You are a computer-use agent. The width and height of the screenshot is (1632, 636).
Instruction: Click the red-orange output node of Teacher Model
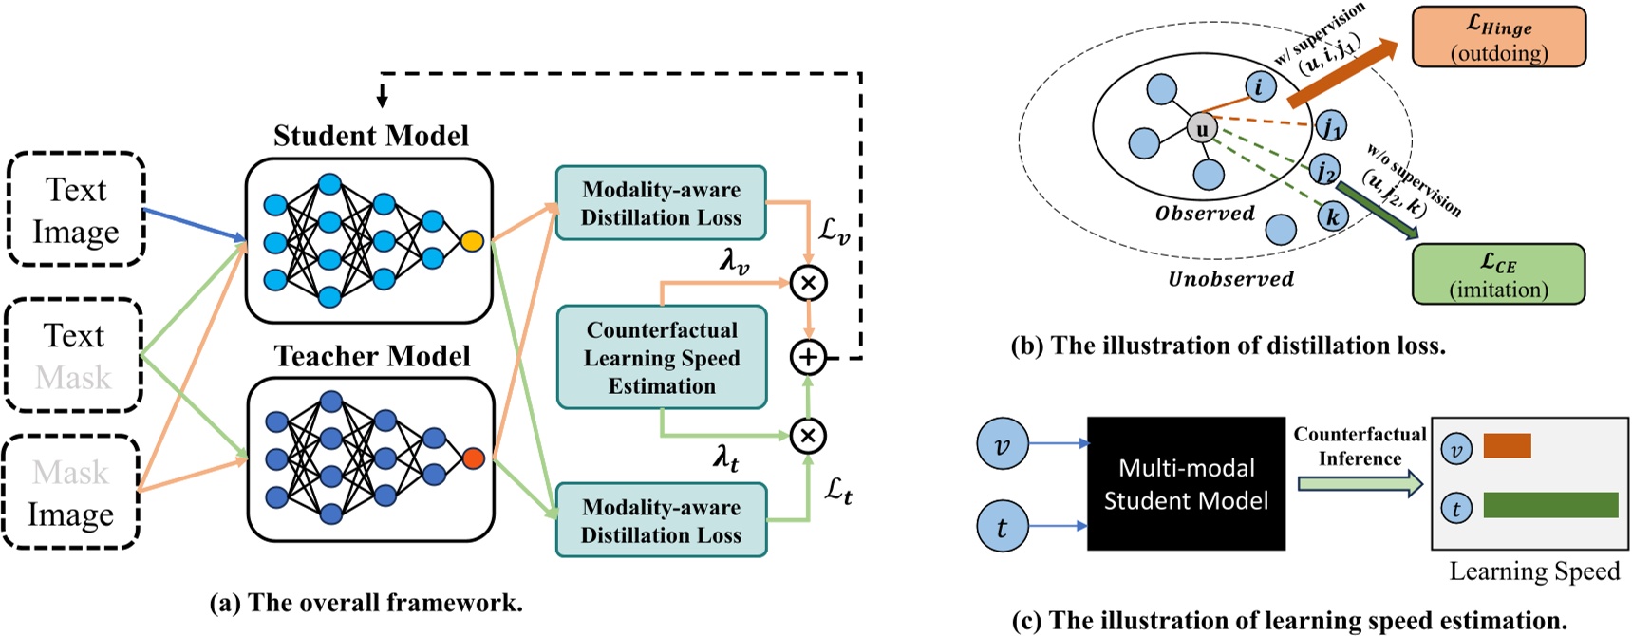click(x=473, y=459)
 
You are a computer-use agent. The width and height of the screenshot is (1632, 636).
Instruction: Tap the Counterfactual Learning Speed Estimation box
click(x=662, y=358)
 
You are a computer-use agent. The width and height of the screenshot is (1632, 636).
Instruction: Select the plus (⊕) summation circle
click(x=808, y=358)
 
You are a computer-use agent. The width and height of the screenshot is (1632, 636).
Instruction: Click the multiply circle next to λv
click(x=808, y=283)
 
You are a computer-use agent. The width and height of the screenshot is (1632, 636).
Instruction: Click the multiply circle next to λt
click(x=808, y=436)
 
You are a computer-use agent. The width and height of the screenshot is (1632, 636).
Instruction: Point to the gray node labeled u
click(x=1202, y=128)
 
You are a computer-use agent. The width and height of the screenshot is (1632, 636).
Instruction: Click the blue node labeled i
click(x=1259, y=86)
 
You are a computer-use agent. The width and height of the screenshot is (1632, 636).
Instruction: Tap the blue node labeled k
click(x=1333, y=216)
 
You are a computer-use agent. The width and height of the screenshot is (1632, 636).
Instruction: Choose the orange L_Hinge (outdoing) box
click(x=1498, y=37)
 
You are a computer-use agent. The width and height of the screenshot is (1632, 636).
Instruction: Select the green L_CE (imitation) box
click(x=1498, y=274)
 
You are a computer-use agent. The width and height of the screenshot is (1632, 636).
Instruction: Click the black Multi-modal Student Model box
click(x=1186, y=484)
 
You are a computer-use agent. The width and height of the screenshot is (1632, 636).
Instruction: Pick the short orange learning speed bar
click(x=1507, y=446)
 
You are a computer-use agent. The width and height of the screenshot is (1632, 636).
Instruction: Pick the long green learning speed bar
click(x=1549, y=505)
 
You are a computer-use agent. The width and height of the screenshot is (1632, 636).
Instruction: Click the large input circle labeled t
click(x=1003, y=528)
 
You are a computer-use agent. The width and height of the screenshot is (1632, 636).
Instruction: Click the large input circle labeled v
click(x=1003, y=445)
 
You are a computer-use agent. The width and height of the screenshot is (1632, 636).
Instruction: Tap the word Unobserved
click(x=1230, y=279)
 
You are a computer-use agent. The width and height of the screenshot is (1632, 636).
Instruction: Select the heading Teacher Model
click(x=371, y=356)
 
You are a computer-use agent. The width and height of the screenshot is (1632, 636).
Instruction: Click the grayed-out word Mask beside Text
click(x=73, y=378)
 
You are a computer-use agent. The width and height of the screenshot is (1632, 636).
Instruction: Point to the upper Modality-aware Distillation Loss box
click(x=662, y=203)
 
